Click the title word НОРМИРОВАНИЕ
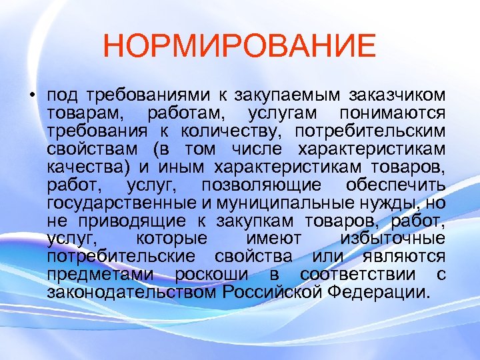[240, 47]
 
